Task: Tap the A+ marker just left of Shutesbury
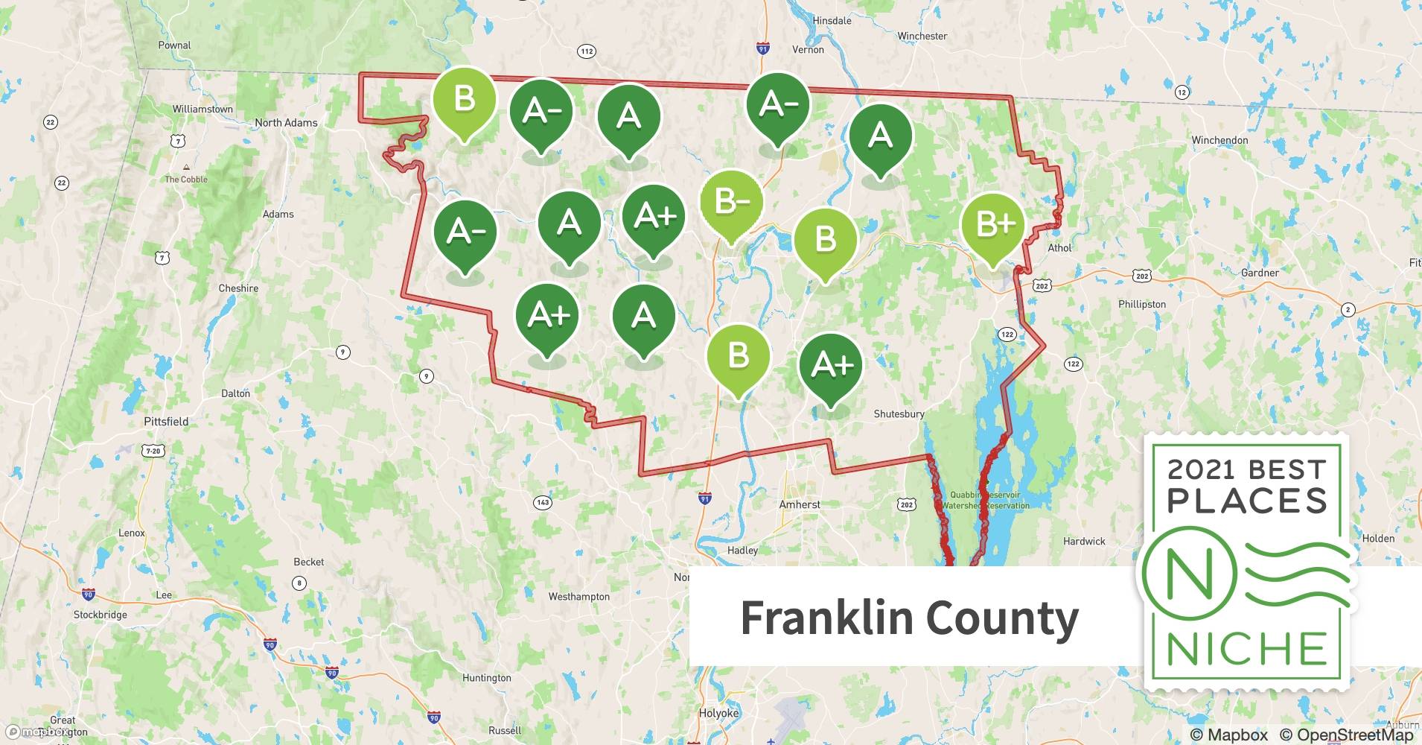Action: point(830,366)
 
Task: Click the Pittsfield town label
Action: point(166,422)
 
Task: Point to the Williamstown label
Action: point(203,109)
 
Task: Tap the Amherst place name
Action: point(800,504)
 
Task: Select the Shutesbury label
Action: point(899,414)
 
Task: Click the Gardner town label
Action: point(1260,273)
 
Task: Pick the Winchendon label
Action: point(1219,140)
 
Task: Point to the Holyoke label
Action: point(718,713)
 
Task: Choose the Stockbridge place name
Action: point(101,615)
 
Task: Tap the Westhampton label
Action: point(578,597)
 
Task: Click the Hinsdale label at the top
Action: point(832,21)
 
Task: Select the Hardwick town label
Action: point(1084,542)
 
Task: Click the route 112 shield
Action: point(587,51)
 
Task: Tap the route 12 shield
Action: point(1182,92)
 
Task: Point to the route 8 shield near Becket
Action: point(299,583)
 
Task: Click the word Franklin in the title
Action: point(826,618)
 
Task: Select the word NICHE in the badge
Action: point(1246,649)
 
